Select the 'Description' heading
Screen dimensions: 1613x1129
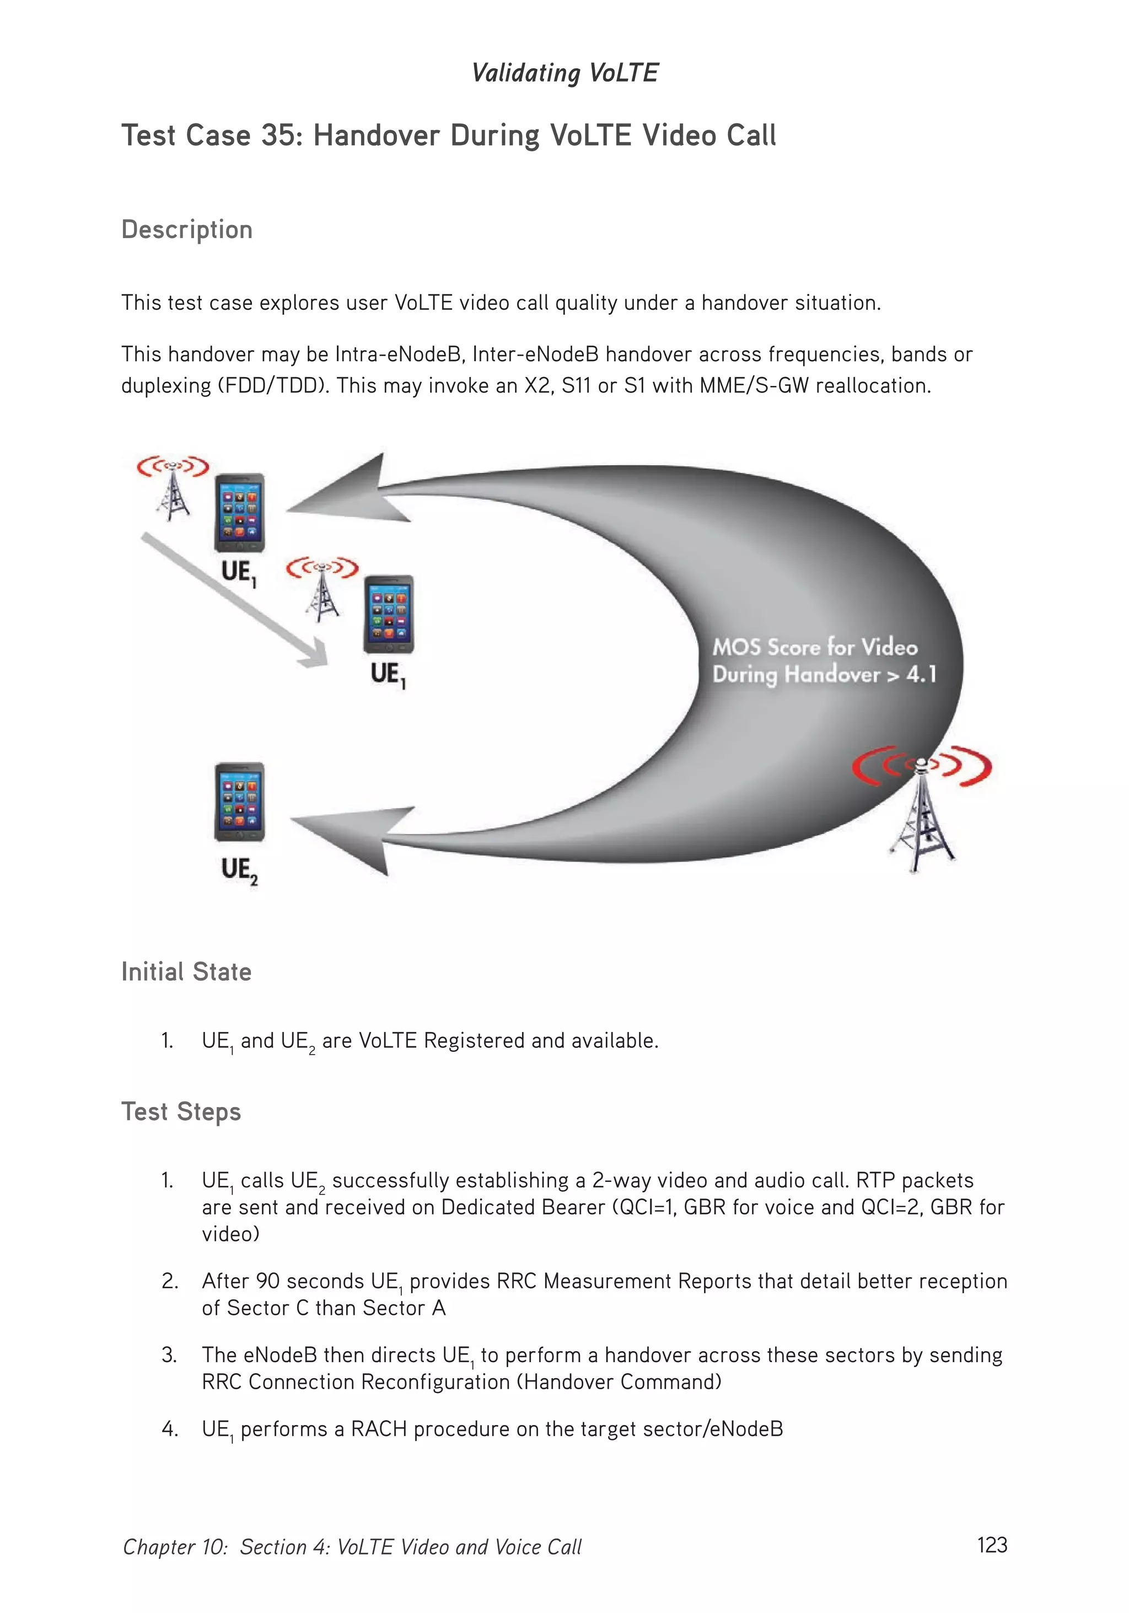pyautogui.click(x=186, y=230)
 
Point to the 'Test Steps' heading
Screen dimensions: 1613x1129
pyautogui.click(x=181, y=1111)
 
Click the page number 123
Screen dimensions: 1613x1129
pyautogui.click(x=991, y=1545)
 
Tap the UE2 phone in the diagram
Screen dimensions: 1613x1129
pyautogui.click(x=240, y=802)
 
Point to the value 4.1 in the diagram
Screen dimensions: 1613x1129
pyautogui.click(x=921, y=674)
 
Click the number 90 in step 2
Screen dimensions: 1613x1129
pyautogui.click(x=268, y=1281)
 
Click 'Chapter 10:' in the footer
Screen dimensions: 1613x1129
pyautogui.click(x=175, y=1547)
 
